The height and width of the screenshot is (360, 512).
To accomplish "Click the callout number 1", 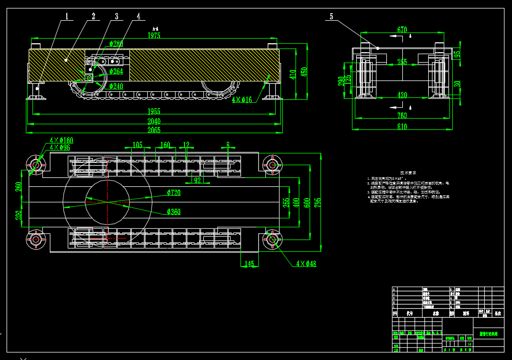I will tap(67, 16).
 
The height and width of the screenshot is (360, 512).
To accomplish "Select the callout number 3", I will tap(116, 16).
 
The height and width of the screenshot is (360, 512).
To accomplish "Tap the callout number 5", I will tap(331, 16).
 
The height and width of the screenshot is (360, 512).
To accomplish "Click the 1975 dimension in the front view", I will tap(154, 35).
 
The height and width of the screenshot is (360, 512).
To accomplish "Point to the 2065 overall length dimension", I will tap(154, 130).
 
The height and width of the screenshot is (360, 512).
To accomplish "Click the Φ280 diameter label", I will tap(116, 44).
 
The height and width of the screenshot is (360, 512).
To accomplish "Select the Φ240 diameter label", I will tap(116, 86).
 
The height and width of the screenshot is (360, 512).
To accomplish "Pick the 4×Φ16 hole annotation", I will tap(242, 100).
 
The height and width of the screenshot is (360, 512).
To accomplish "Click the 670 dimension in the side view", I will tap(402, 30).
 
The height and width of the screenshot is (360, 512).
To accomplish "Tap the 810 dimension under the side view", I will tap(402, 127).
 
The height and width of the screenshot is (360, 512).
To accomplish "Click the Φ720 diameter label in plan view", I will tap(173, 192).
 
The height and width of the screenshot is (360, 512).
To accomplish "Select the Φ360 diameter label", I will tap(173, 212).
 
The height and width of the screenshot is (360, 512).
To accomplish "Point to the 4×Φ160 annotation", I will tap(62, 140).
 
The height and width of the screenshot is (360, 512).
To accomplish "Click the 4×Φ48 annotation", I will tap(306, 264).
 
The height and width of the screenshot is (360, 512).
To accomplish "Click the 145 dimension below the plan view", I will tap(249, 264).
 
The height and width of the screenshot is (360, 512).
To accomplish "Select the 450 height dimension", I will tap(304, 72).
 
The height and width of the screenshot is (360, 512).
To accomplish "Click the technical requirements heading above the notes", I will tap(408, 173).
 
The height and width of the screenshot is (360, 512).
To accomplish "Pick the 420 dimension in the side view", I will tap(402, 95).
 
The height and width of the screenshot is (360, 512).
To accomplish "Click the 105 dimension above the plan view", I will tap(137, 145).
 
